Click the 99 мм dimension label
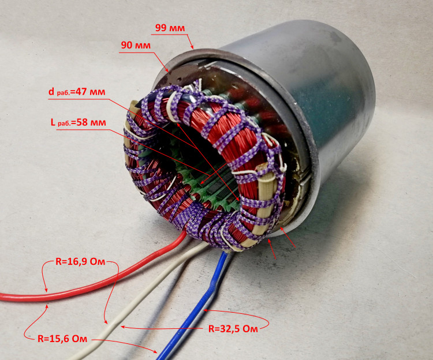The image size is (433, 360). point(170,28)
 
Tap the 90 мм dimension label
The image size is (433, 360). point(136,45)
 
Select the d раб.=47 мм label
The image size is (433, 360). point(77,92)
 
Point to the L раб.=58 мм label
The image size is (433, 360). point(79,122)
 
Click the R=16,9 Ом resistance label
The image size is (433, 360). point(80,261)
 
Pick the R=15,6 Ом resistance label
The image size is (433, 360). point(62,339)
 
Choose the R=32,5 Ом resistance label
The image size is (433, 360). point(233,328)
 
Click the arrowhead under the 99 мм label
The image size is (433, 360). point(191,46)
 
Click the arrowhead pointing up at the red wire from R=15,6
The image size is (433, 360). point(47,306)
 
